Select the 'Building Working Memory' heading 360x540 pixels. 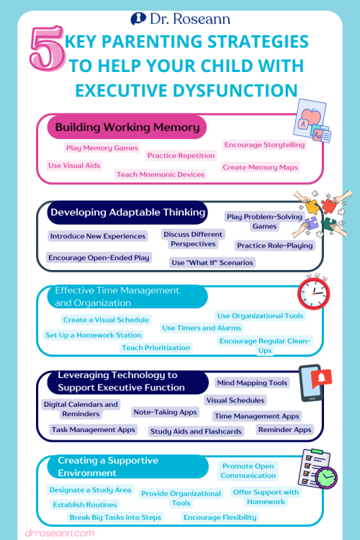coord(127,128)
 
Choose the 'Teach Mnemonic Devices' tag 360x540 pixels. coord(160,174)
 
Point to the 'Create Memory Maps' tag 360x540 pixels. coord(260,167)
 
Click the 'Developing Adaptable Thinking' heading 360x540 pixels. coord(127,212)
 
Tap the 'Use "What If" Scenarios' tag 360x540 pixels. coord(212,263)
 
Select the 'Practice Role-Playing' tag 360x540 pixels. coord(274,246)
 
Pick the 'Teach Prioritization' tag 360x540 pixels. coord(156,348)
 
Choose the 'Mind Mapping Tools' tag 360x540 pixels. coord(252,383)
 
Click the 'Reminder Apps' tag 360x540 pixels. coord(284,430)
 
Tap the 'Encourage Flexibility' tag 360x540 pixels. coord(220,517)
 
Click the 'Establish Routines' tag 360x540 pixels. coord(84,505)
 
